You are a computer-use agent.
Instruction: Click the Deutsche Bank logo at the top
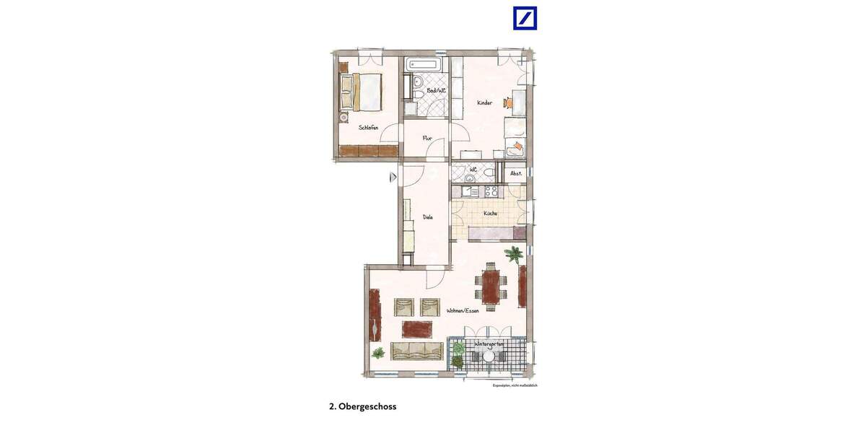(x=525, y=18)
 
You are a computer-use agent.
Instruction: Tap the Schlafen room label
(x=368, y=128)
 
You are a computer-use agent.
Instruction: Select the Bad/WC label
(x=436, y=91)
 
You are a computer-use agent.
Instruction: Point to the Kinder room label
(x=484, y=103)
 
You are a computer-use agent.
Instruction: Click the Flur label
(x=427, y=138)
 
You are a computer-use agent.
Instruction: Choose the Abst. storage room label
(x=516, y=174)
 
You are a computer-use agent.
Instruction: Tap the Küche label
(x=490, y=214)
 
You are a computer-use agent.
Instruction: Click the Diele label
(x=427, y=216)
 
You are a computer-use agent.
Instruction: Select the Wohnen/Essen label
(x=463, y=311)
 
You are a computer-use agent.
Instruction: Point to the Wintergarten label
(x=489, y=345)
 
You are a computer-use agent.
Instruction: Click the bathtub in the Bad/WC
(x=426, y=64)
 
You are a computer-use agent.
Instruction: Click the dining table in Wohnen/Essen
(x=491, y=287)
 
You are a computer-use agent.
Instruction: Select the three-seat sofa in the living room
(x=416, y=351)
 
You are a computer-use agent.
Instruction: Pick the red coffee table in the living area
(x=416, y=329)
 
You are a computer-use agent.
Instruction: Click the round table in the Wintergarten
(x=489, y=356)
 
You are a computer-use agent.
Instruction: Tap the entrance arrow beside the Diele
(x=393, y=177)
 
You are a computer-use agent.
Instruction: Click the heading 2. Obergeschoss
(x=362, y=406)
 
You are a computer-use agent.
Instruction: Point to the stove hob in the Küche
(x=491, y=191)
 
